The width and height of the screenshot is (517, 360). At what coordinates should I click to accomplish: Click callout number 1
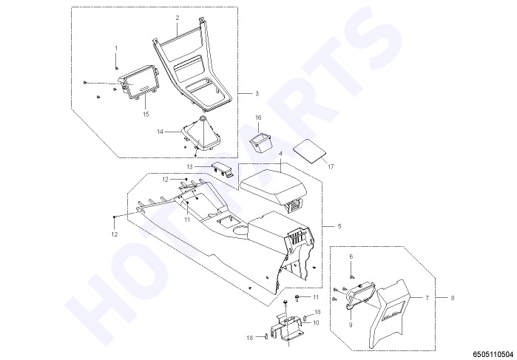[115, 48]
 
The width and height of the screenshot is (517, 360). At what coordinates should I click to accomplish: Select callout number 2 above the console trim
[177, 18]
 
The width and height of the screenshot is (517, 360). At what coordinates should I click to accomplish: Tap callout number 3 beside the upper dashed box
[257, 94]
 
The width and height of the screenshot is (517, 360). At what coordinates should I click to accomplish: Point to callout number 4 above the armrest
[280, 154]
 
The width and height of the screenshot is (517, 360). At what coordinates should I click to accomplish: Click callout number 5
[339, 226]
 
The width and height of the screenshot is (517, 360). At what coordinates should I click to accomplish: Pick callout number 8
[452, 298]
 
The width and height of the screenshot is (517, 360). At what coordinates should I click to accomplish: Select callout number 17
[331, 167]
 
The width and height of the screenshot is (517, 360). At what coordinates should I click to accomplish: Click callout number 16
[258, 118]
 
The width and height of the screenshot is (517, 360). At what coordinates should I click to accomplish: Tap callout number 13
[189, 167]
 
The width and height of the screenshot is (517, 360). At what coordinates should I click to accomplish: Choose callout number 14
[160, 132]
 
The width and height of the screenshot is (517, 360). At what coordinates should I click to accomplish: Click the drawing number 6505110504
[493, 354]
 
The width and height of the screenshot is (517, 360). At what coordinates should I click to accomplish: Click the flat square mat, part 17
[310, 150]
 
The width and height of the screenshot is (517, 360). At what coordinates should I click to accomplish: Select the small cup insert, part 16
[260, 143]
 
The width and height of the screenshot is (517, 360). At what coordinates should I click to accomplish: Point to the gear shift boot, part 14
[200, 137]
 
